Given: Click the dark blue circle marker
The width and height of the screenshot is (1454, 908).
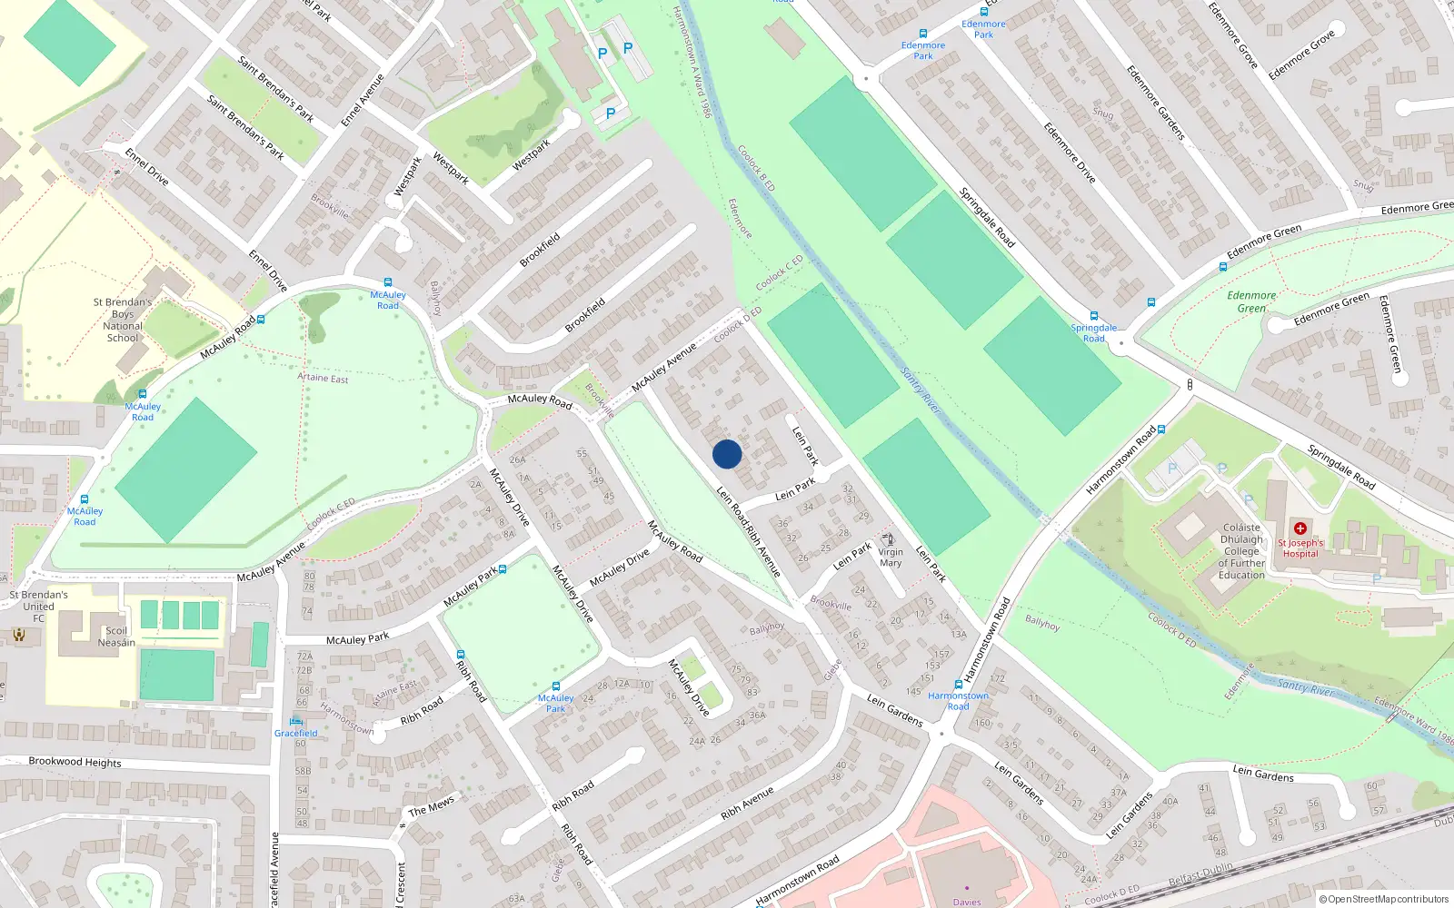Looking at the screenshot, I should tap(727, 454).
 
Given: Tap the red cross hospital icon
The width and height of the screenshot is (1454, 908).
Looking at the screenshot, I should tap(1300, 528).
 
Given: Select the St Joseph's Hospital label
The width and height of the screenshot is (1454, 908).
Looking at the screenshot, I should tap(1300, 548).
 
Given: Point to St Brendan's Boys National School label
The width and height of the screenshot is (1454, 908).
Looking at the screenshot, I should tap(123, 320).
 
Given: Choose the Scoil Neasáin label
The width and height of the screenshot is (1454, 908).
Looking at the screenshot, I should tap(116, 637).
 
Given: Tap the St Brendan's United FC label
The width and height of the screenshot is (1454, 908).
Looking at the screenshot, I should tap(38, 607).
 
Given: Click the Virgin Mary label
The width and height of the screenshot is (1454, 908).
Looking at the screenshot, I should tap(891, 558).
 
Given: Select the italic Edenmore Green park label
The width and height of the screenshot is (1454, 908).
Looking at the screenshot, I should tap(1251, 301).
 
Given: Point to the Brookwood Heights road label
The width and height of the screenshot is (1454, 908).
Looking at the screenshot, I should tap(75, 762).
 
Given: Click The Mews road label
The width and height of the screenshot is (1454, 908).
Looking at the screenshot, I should tap(431, 806).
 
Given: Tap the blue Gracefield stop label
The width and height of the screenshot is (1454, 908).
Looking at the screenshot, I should tap(296, 733).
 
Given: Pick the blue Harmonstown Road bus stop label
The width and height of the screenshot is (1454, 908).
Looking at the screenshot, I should tap(958, 701).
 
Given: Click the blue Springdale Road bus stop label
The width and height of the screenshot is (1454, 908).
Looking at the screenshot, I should tap(1094, 333).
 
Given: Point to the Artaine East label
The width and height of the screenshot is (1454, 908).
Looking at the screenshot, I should tap(323, 377).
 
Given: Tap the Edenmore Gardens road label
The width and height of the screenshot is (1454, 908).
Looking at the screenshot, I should tap(1156, 103).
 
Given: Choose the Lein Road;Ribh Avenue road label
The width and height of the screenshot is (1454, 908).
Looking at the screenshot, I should tap(749, 532).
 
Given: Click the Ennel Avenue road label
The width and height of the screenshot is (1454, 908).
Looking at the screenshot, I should tap(363, 100).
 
